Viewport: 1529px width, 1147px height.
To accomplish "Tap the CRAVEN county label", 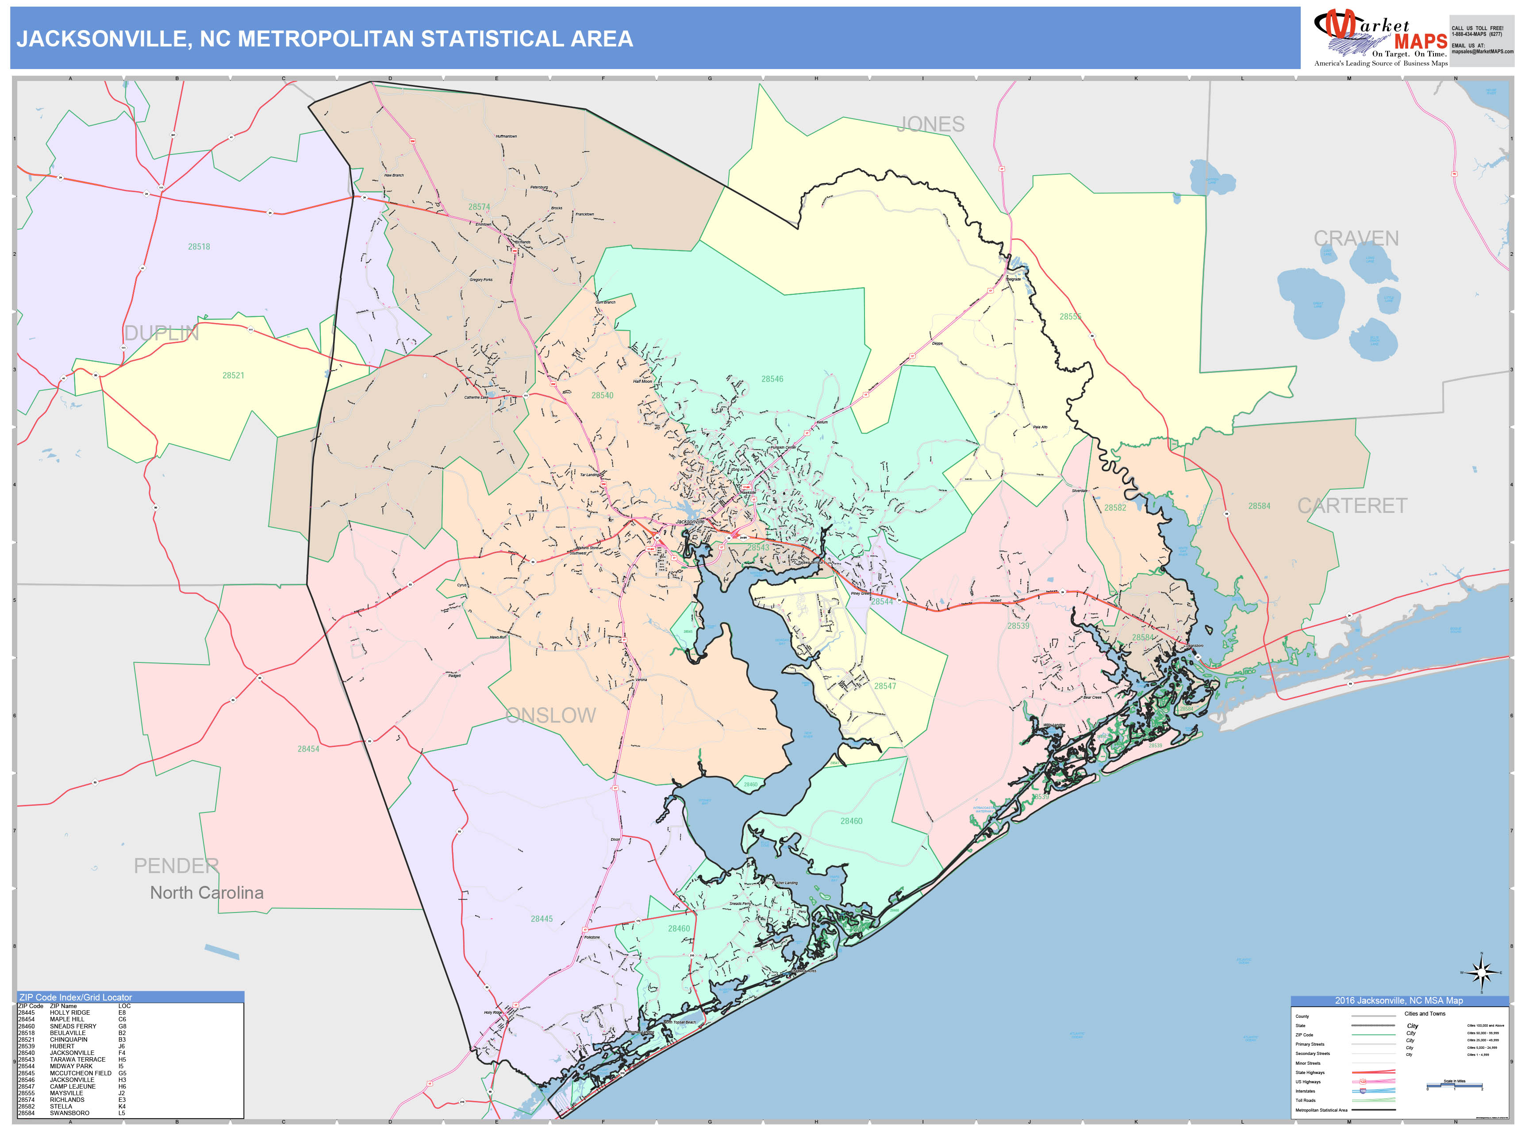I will coord(1356,239).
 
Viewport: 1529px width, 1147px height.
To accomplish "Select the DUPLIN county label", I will coord(161,333).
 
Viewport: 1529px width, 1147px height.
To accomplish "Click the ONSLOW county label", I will coord(550,716).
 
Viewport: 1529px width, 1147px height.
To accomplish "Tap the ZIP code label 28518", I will coord(199,247).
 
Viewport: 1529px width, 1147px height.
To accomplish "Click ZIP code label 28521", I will coord(233,375).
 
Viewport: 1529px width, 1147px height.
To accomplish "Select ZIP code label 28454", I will coord(308,749).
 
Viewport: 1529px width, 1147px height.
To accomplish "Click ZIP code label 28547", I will coord(885,686).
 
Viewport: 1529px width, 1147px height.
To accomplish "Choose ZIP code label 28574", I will coord(479,207).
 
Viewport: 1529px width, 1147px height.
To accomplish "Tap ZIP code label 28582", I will coord(1115,508).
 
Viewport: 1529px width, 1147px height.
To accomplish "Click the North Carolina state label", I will coord(207,893).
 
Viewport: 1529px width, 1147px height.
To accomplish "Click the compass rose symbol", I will coord(1481,974).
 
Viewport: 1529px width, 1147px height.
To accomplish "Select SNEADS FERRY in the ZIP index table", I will coord(73,1026).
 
